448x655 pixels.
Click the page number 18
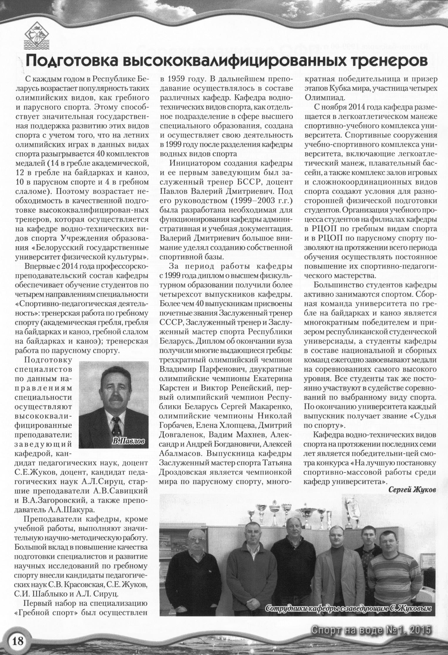(x=17, y=640)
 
